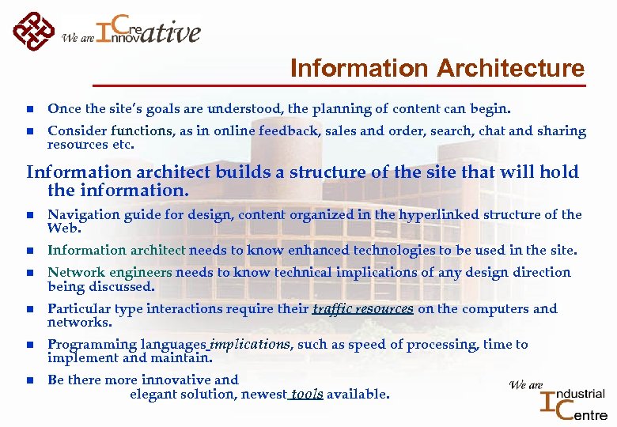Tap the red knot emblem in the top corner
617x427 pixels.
tap(34, 31)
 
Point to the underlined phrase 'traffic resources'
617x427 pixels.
tap(363, 309)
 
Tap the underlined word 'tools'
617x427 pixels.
tap(307, 394)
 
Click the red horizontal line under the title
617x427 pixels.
tap(340, 85)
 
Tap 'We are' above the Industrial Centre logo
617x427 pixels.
tap(526, 385)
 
